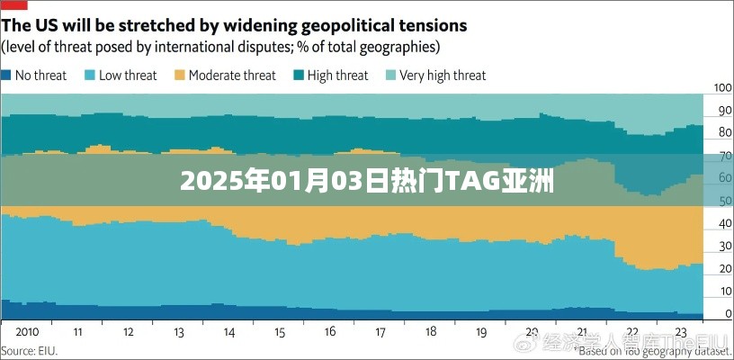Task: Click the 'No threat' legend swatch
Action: tap(6, 76)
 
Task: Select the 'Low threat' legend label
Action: tap(128, 76)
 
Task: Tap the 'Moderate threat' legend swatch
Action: tap(180, 76)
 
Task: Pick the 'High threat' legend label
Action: tap(337, 76)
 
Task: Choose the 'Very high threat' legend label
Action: tap(443, 76)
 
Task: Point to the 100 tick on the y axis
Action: tap(722, 88)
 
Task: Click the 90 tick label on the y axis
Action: tap(722, 111)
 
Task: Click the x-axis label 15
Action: tap(280, 330)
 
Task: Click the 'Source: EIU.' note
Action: tap(30, 349)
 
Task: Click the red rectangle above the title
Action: tap(13, 4)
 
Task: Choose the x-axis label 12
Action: tap(130, 330)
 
